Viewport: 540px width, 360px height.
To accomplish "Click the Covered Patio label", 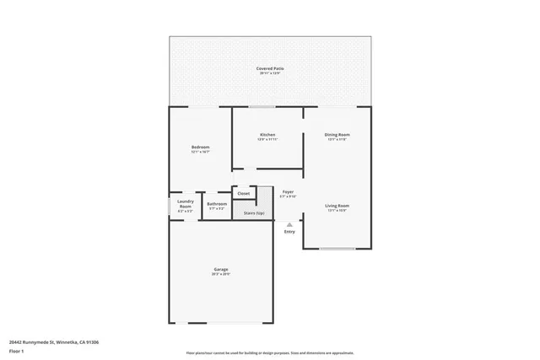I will (x=270, y=68).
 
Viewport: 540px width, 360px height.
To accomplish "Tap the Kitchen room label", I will (x=267, y=135).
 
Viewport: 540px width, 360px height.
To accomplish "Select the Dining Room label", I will (x=337, y=135).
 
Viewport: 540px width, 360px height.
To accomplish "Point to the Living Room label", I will (x=337, y=206).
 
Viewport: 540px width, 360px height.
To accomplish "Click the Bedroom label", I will (x=200, y=148).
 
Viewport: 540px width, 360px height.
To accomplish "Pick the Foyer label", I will (x=288, y=191).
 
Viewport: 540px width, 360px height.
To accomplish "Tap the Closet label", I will (x=243, y=193).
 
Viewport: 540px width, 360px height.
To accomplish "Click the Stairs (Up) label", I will (x=254, y=213).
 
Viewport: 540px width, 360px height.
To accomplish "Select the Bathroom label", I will (x=217, y=203).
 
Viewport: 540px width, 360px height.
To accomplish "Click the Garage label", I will (x=222, y=270).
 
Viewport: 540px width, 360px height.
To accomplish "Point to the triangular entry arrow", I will (x=289, y=224).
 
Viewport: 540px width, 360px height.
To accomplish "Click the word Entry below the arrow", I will (x=289, y=232).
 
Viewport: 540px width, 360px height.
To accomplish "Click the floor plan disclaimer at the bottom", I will (x=270, y=353).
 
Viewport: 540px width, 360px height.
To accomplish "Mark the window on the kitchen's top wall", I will (x=262, y=107).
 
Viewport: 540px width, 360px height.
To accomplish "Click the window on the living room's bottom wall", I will (x=336, y=248).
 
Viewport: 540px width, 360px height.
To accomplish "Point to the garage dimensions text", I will (x=222, y=275).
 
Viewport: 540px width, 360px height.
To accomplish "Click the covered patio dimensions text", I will (x=270, y=74).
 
